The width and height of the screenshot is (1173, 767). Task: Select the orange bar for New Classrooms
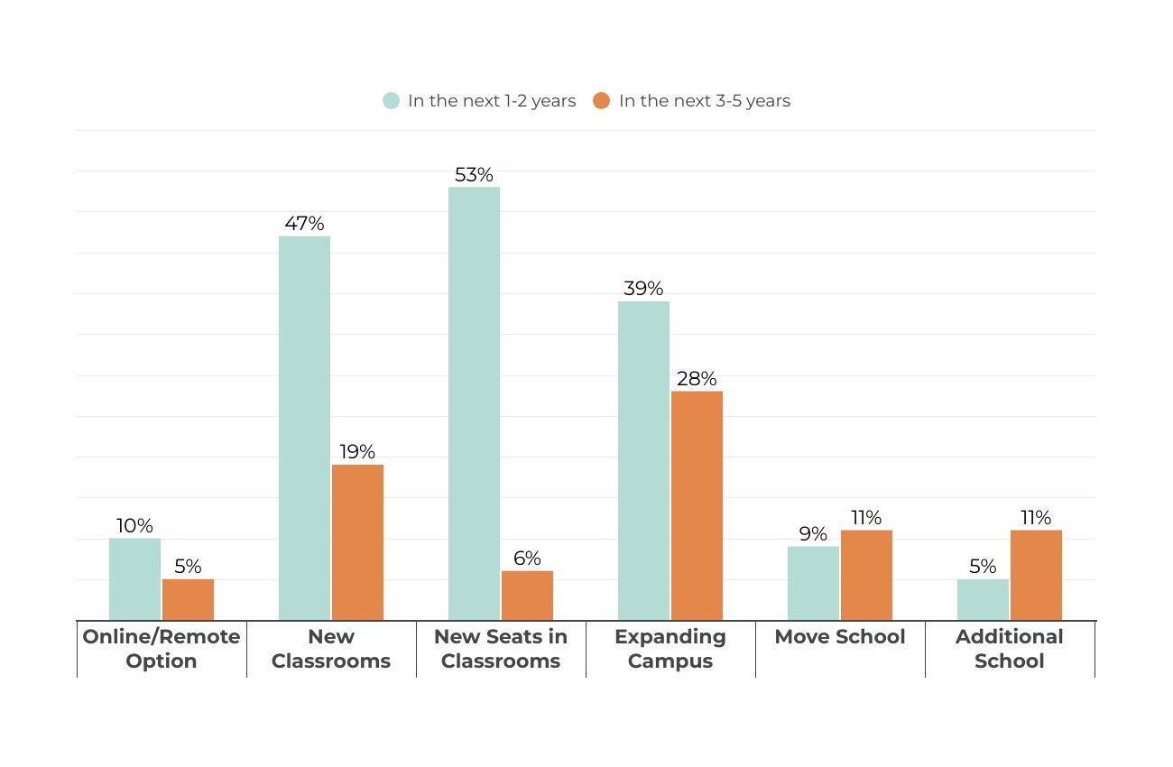357,542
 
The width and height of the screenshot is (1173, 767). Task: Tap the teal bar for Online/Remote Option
134,579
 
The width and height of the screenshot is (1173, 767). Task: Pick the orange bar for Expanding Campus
697,505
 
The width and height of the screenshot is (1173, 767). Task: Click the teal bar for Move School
813,583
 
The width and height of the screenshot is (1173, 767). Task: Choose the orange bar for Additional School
1036,575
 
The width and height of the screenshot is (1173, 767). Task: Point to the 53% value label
474,174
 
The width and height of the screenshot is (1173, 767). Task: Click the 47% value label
304,223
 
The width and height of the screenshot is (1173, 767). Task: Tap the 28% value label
697,378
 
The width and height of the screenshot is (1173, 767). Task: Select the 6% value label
527,558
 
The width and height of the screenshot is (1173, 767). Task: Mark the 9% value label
813,533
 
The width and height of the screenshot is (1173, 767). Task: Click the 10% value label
134,525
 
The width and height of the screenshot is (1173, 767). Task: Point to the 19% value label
357,451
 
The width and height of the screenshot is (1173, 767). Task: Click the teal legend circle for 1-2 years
391,101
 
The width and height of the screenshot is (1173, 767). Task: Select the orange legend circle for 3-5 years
602,101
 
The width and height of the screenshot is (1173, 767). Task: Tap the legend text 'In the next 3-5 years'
704,101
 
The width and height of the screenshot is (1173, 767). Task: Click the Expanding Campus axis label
670,648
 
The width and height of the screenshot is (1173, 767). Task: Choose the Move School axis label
840,636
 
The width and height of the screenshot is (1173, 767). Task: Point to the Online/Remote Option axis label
162,648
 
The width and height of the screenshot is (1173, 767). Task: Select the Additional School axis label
1010,648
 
